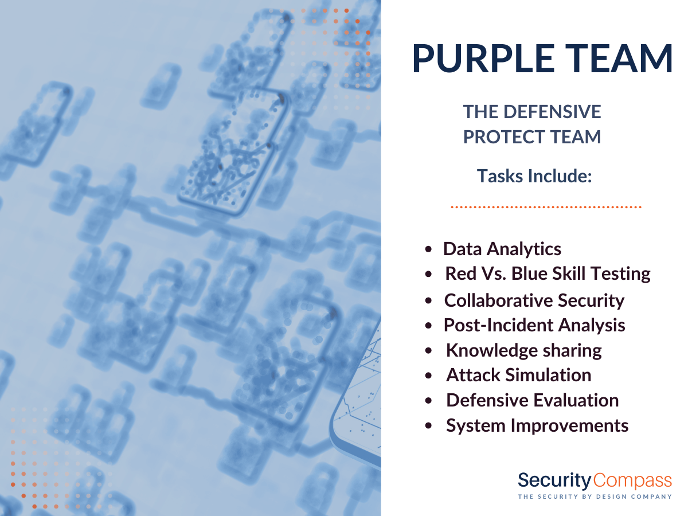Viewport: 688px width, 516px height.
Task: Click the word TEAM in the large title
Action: click(620, 58)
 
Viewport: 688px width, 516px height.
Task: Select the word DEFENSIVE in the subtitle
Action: click(552, 112)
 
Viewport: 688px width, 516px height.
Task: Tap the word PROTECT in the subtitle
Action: click(504, 137)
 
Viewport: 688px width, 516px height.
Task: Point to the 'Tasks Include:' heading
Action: click(534, 176)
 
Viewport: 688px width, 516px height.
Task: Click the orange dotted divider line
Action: click(546, 207)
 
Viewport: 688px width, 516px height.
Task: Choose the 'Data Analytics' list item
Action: click(502, 249)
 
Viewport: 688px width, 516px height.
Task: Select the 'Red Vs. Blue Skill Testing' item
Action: click(548, 273)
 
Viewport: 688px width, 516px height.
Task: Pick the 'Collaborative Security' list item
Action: click(534, 300)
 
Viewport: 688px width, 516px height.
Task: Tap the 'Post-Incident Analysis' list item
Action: click(534, 325)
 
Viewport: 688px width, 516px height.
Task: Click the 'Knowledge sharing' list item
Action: click(524, 350)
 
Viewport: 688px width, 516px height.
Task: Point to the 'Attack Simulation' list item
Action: click(519, 375)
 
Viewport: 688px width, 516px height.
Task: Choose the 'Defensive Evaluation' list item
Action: click(533, 400)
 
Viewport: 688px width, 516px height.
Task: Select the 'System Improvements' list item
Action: click(537, 426)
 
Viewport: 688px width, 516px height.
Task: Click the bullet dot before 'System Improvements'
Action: click(428, 426)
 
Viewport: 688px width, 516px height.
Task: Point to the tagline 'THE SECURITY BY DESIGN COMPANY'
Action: click(595, 497)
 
